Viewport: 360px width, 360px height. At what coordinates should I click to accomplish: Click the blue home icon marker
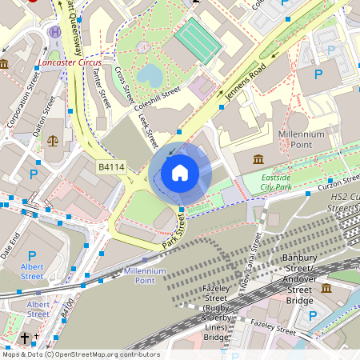click(180, 172)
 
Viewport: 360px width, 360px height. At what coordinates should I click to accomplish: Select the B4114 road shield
click(110, 167)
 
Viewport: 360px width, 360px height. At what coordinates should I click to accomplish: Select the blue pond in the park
click(149, 74)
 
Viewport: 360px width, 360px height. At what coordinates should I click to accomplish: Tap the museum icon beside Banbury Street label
click(326, 287)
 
